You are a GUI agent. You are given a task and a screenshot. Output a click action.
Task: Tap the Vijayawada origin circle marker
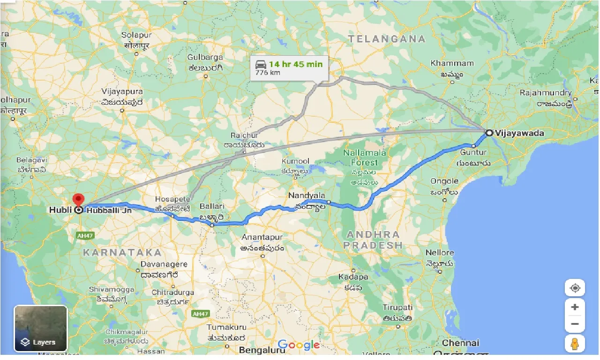pyautogui.click(x=489, y=133)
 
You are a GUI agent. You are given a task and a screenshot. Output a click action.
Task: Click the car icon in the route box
pyautogui.click(x=261, y=64)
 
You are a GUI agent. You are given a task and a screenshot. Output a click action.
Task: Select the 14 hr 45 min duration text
pyautogui.click(x=296, y=64)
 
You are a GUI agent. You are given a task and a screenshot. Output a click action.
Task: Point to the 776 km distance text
pyautogui.click(x=265, y=73)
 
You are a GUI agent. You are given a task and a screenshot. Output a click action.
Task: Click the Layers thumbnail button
pyautogui.click(x=41, y=329)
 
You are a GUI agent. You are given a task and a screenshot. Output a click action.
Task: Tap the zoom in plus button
pyautogui.click(x=575, y=307)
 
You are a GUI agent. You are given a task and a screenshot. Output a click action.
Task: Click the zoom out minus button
pyautogui.click(x=575, y=324)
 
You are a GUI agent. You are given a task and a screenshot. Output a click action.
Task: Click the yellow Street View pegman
pyautogui.click(x=575, y=344)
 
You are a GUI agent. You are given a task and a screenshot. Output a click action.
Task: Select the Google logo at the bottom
pyautogui.click(x=298, y=345)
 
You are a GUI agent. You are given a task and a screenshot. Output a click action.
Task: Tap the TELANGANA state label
pyautogui.click(x=387, y=39)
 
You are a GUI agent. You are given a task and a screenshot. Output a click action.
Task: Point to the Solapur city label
pyautogui.click(x=136, y=35)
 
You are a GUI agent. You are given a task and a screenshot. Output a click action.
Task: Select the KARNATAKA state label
pyautogui.click(x=122, y=252)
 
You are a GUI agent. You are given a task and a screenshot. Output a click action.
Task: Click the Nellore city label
pyautogui.click(x=440, y=253)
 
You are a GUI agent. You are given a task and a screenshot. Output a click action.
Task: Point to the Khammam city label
pyautogui.click(x=452, y=63)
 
